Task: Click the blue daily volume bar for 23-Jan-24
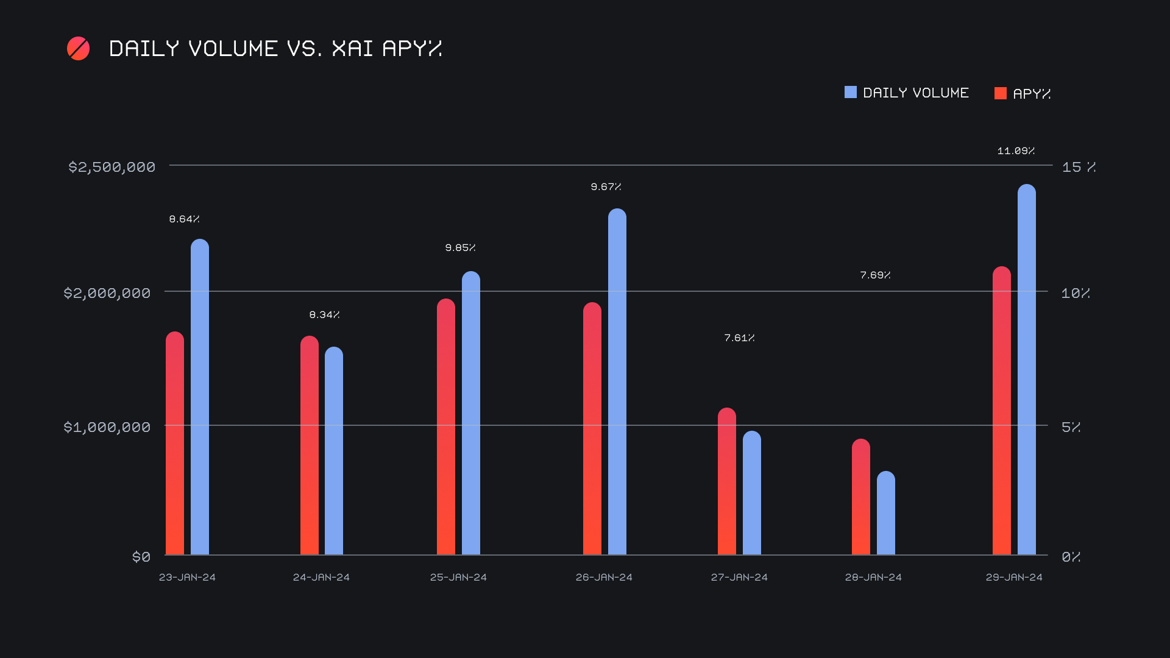(200, 397)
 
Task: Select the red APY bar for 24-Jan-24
(310, 445)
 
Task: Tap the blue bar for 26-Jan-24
(617, 381)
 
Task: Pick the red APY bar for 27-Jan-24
(727, 481)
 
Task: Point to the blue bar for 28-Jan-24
(886, 513)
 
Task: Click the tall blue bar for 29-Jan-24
(1027, 369)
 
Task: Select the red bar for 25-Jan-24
(446, 426)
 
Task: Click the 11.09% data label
(1016, 151)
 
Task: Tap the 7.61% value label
(739, 338)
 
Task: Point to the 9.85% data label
(460, 248)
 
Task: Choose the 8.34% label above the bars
(324, 315)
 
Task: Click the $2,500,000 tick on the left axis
(112, 167)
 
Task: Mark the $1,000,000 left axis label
(107, 427)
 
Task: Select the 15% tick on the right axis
(1078, 167)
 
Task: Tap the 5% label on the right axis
(1071, 427)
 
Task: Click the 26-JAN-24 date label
(604, 578)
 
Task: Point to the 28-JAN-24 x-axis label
(873, 578)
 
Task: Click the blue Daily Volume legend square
(851, 93)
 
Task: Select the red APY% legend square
(1001, 93)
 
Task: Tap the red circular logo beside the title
(79, 49)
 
